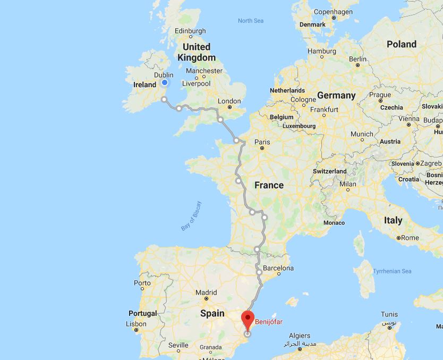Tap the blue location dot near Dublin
pos(165,82)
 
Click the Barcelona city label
pos(278,268)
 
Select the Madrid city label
pos(206,292)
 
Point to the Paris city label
pos(262,142)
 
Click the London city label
pos(229,101)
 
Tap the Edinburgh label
pos(190,31)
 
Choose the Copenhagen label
pos(334,12)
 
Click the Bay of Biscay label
pos(191,215)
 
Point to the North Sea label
pos(251,21)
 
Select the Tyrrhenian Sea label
pos(392,271)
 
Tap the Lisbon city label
pos(137,324)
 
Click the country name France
pos(269,185)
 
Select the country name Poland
pos(402,44)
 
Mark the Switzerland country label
pos(329,171)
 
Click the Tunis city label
pos(389,314)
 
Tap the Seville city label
pos(178,345)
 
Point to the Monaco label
pos(334,222)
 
